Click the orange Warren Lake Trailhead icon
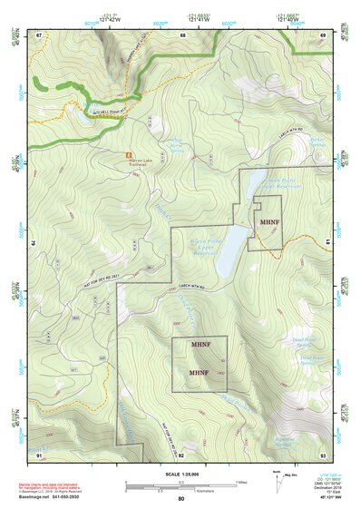[127, 154]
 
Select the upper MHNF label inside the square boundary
[200, 346]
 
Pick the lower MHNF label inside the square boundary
[199, 373]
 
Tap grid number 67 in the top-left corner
[39, 34]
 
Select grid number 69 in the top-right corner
[322, 34]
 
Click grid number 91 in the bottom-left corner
[39, 453]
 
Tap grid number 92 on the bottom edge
[181, 453]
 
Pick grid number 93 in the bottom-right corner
[322, 453]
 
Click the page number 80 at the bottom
[180, 499]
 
